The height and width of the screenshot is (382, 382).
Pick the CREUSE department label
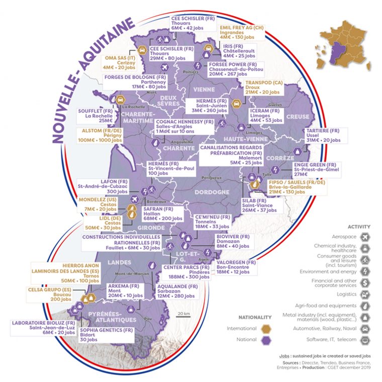pyautogui.click(x=299, y=117)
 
